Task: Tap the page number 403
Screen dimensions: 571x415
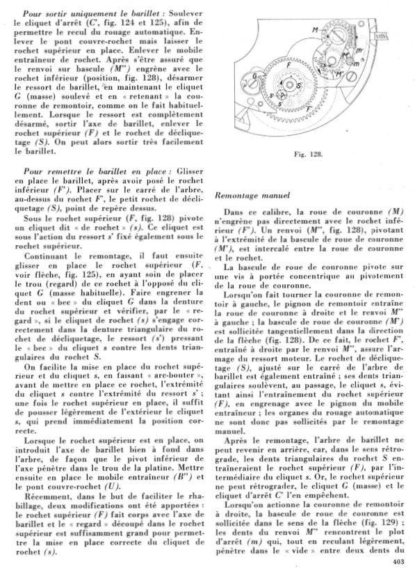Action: pyautogui.click(x=398, y=560)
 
